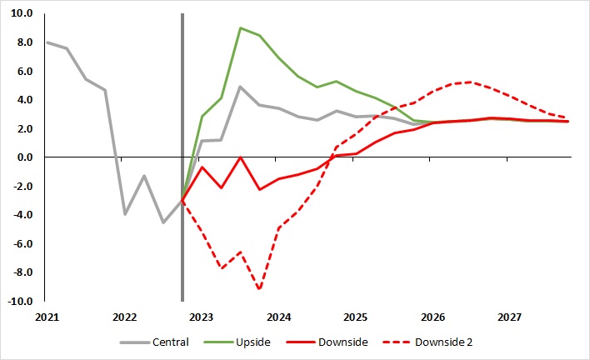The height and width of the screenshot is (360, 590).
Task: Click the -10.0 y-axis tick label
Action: pyautogui.click(x=19, y=301)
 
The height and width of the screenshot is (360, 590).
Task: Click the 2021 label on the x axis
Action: pyautogui.click(x=47, y=317)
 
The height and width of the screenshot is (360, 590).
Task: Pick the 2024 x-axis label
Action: pyautogui.click(x=278, y=317)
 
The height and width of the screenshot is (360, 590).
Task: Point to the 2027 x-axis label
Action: pyautogui.click(x=510, y=317)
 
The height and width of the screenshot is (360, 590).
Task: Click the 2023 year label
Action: pyautogui.click(x=202, y=317)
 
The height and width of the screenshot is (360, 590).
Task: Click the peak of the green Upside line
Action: pyautogui.click(x=240, y=28)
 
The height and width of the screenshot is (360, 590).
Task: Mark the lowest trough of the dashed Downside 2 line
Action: pyautogui.click(x=260, y=289)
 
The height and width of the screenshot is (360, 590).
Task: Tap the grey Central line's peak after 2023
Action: pyautogui.click(x=240, y=87)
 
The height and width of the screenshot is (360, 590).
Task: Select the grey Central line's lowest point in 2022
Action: pyautogui.click(x=163, y=222)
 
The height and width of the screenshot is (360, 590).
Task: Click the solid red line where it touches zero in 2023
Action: pyautogui.click(x=240, y=157)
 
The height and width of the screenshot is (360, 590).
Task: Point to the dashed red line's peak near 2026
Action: pyautogui.click(x=472, y=82)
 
